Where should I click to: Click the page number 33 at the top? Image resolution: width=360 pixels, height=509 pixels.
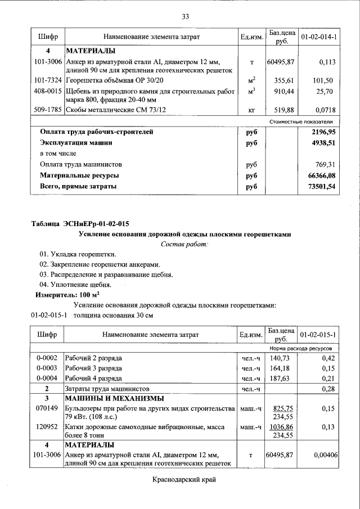pos(185,16)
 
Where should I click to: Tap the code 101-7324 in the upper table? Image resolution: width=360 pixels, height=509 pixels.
pos(47,80)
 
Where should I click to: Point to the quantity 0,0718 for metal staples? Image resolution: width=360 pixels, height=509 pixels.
pos(324,111)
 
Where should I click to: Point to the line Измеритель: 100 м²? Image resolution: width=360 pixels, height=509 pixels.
pos(67,294)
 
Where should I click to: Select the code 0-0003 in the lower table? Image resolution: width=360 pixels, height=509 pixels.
pos(47,368)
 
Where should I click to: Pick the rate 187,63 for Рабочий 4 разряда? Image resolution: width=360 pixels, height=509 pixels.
pos(282,378)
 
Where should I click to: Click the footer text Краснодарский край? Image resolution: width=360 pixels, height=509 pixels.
pos(184,479)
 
